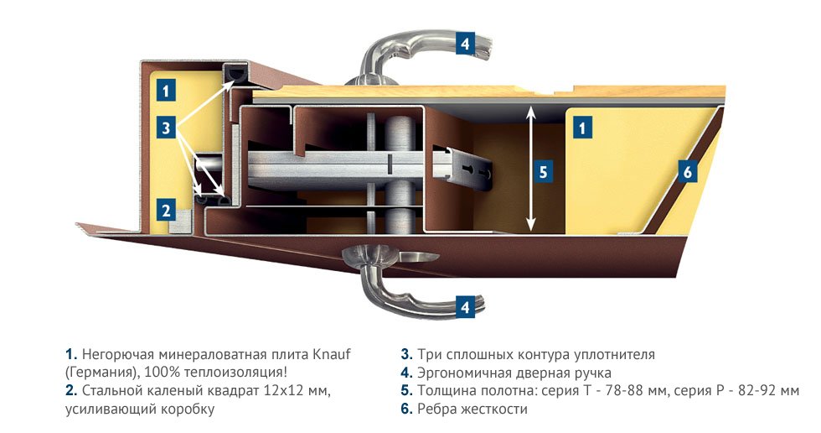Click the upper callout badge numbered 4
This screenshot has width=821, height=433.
tap(465, 43)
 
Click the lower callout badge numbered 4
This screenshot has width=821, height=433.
tap(465, 306)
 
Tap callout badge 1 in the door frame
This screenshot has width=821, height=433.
tap(166, 91)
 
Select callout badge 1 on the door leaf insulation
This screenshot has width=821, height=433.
tap(582, 128)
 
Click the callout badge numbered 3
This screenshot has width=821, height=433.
tap(166, 128)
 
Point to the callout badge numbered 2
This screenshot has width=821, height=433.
tap(166, 211)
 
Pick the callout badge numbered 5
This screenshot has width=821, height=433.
tap(543, 172)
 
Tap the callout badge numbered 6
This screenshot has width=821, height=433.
tap(687, 172)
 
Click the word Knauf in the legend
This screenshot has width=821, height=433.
tap(332, 354)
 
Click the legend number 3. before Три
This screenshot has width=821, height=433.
tap(407, 354)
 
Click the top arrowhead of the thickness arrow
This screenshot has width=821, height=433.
tap(530, 110)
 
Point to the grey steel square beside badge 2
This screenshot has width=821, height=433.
tap(180, 218)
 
